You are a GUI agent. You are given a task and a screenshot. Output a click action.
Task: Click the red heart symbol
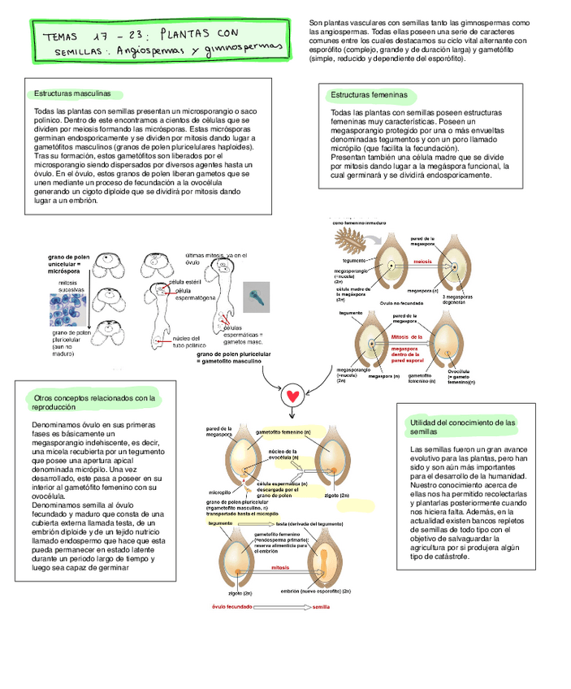coord(293,397)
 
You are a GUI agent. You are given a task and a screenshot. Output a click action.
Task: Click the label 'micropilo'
coord(221,492)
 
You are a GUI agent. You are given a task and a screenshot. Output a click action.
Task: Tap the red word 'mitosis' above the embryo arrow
coord(280,567)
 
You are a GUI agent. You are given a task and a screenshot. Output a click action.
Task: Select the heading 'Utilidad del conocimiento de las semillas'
coord(463,427)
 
